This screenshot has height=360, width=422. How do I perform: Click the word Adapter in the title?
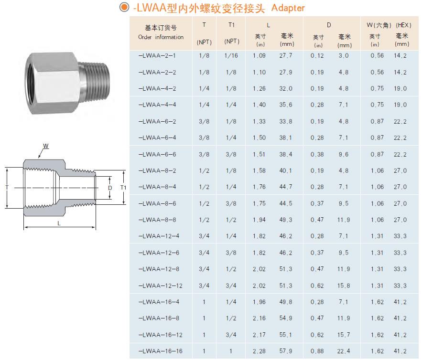coord(288,8)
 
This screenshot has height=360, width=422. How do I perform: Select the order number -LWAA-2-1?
coord(157,56)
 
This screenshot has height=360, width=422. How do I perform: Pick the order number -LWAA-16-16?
coord(160,351)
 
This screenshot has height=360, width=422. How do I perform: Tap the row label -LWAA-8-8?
coord(157,220)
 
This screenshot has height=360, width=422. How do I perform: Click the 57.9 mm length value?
coord(285,351)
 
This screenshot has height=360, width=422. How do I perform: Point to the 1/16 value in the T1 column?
coord(231,56)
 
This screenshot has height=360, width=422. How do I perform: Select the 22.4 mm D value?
coord(344,351)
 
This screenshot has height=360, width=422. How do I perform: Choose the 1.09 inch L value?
coord(259,56)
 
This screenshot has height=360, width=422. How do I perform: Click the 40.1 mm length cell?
coord(285,170)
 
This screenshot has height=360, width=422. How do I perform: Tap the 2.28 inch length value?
coord(259,351)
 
